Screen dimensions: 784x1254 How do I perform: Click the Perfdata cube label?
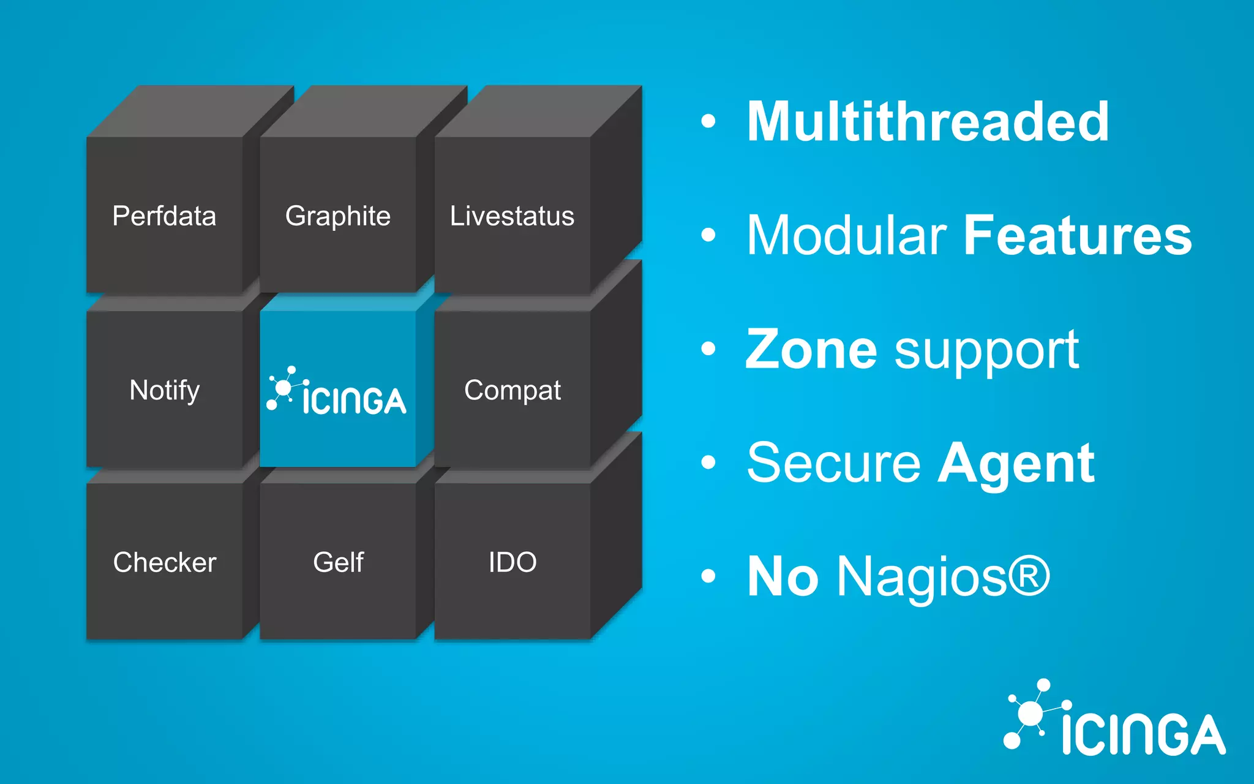(x=164, y=216)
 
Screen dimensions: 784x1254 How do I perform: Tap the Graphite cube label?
(x=337, y=216)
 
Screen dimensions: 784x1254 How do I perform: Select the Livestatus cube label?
(x=512, y=216)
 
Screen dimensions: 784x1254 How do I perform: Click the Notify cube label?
(x=164, y=390)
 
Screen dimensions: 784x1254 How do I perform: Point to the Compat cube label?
(x=512, y=390)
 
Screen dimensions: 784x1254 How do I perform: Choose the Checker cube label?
(x=164, y=562)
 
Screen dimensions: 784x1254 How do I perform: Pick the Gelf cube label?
(x=338, y=562)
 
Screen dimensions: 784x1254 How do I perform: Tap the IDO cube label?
(x=512, y=562)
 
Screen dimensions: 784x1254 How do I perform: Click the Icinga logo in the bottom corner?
(x=1114, y=720)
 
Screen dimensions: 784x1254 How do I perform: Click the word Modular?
(x=847, y=235)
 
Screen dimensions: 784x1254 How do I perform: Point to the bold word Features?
(x=1078, y=235)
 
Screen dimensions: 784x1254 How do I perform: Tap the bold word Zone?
(x=811, y=349)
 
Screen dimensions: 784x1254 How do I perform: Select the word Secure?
(x=833, y=463)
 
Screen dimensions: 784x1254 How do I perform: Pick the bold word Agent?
(x=1016, y=464)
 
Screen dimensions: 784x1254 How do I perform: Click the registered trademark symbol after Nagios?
(x=1029, y=576)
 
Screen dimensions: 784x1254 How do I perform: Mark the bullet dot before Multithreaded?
(x=708, y=121)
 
